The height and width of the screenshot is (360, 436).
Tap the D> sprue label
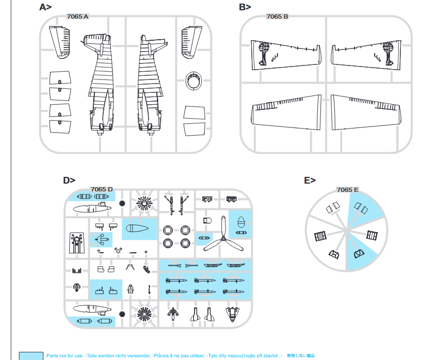pyautogui.click(x=69, y=180)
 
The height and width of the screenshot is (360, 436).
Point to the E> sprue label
pyautogui.click(x=310, y=180)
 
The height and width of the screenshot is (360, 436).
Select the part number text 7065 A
pyautogui.click(x=78, y=17)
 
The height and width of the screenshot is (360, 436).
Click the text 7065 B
pyautogui.click(x=277, y=17)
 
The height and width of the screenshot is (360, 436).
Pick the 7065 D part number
pyautogui.click(x=101, y=189)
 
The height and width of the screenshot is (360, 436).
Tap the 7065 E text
pyautogui.click(x=347, y=190)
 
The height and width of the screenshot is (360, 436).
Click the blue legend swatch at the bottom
pyautogui.click(x=31, y=355)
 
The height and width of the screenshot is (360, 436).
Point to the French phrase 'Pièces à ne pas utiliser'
pyautogui.click(x=179, y=356)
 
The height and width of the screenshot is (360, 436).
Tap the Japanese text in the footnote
pyautogui.click(x=300, y=356)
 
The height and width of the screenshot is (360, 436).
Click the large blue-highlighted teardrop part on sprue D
pyautogui.click(x=139, y=228)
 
